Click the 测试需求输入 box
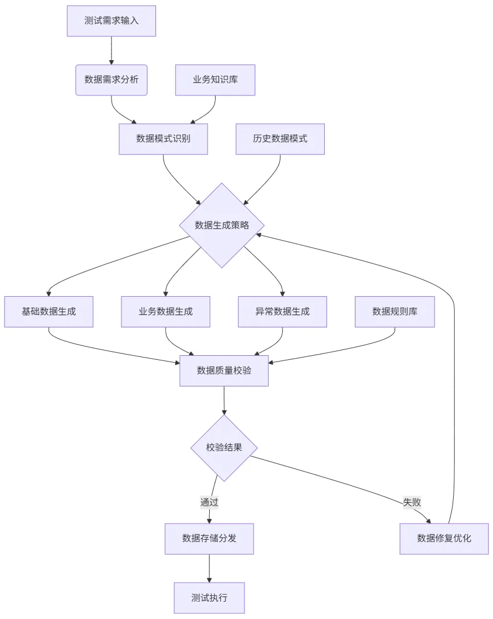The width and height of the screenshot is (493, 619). tap(112, 21)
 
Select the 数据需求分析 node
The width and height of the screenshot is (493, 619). tap(112, 80)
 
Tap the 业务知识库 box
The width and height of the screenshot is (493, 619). tap(215, 80)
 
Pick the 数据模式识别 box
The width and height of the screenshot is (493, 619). tap(163, 139)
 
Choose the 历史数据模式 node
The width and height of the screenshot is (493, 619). tap(280, 139)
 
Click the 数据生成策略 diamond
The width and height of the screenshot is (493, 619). tap(222, 225)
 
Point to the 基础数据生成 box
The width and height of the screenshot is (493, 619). tap(49, 312)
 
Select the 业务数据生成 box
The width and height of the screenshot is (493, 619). tap(166, 312)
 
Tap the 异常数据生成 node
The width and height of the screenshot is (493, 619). tap(283, 312)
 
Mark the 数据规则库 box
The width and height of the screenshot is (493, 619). tap(395, 312)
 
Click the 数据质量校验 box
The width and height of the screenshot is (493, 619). tap(224, 371)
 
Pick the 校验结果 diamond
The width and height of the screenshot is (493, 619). tap(224, 448)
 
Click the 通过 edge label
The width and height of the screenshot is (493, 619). tap(209, 502)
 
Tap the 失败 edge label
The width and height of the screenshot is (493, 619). tap(412, 502)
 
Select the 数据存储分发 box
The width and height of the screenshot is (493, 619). tap(209, 539)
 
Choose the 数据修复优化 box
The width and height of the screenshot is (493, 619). tap(444, 539)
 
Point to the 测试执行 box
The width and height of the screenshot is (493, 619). tap(209, 598)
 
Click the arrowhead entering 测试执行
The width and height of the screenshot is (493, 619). tap(209, 579)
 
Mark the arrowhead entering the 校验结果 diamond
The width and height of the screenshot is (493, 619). tap(224, 412)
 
